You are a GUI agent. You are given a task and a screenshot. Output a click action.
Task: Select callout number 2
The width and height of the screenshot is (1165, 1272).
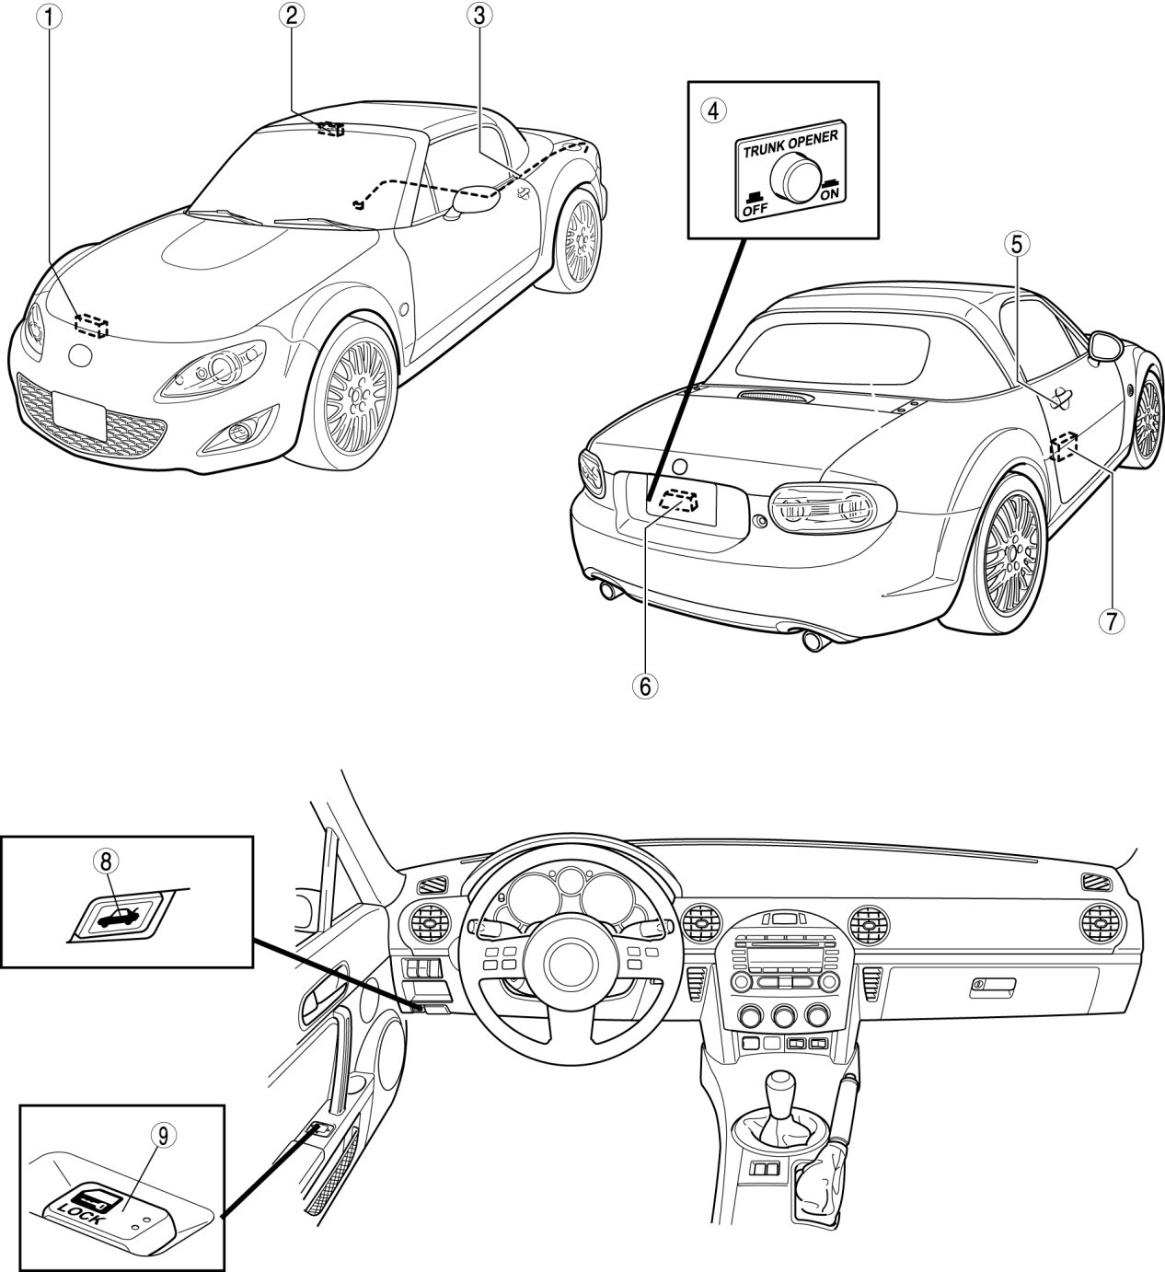(291, 17)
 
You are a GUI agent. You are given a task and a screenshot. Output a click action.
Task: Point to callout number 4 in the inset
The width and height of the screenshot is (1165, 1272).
(713, 111)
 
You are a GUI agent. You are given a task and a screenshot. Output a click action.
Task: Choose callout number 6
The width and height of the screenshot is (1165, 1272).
(645, 686)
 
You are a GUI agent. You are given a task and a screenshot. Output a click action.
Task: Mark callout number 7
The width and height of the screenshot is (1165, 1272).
(1111, 621)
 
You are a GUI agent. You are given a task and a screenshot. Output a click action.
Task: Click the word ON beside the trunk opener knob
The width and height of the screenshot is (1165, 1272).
(829, 193)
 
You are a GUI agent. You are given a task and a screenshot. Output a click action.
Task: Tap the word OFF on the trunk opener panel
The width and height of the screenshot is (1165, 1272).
(756, 209)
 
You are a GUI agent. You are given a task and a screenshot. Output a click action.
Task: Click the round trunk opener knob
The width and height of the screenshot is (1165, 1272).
(793, 178)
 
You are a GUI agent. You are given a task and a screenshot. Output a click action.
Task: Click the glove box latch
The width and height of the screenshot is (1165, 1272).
(993, 986)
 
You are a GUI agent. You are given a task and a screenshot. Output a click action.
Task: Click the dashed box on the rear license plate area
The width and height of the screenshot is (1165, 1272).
(678, 501)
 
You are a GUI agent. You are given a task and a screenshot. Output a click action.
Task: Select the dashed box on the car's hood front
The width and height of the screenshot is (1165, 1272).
(91, 325)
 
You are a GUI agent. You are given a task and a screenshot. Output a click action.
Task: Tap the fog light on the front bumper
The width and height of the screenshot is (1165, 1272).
(240, 434)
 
